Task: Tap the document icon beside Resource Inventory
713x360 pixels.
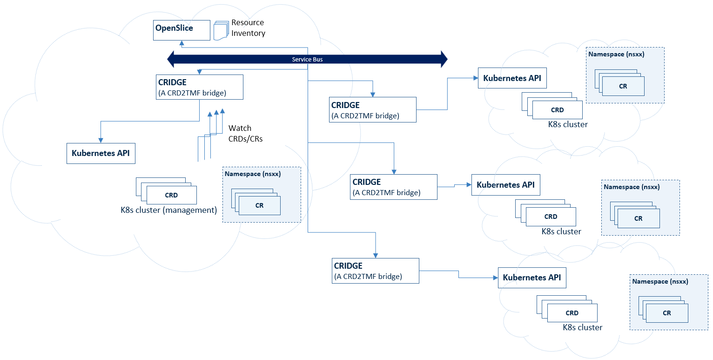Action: [x=221, y=30]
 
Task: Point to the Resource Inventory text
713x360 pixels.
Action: [x=248, y=28]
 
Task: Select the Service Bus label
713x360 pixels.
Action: [x=307, y=60]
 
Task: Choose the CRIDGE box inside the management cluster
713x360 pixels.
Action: [x=200, y=87]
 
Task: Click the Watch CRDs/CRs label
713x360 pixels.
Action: [x=245, y=133]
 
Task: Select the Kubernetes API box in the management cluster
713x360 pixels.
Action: [x=101, y=153]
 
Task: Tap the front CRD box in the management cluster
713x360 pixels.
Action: [x=171, y=195]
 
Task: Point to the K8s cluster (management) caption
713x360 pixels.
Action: [x=168, y=210]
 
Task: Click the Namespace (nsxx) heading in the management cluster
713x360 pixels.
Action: [x=253, y=174]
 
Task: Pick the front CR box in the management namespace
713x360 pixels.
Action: [x=259, y=205]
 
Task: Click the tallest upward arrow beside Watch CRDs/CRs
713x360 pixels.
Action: [x=222, y=111]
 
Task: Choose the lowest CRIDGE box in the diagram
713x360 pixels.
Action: [x=375, y=270]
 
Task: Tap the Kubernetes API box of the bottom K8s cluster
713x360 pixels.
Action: [x=531, y=278]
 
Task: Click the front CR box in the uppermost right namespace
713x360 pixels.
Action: [x=623, y=86]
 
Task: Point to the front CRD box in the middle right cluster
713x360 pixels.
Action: [x=551, y=217]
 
